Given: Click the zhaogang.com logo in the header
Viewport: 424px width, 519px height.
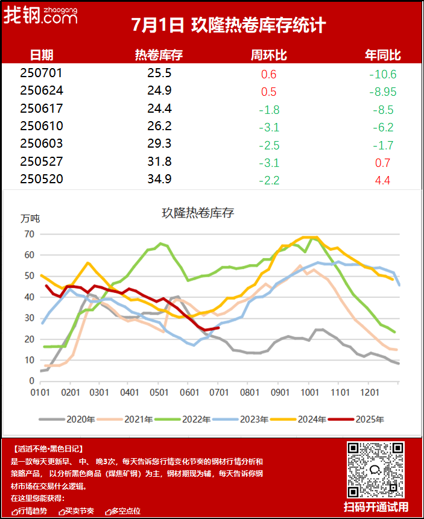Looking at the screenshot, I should [x=40, y=17].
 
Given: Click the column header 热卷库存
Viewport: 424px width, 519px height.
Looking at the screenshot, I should [x=159, y=55].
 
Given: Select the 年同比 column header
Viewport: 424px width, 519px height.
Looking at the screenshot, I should [x=383, y=55].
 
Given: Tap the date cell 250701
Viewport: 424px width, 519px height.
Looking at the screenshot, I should [x=41, y=74].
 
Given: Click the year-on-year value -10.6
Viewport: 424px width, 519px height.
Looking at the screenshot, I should [x=383, y=75].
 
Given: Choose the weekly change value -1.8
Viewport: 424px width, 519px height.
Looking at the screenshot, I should [x=268, y=110].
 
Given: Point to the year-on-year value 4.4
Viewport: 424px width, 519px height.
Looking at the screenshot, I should [x=384, y=180].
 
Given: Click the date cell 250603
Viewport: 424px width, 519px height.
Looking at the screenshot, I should [x=41, y=145].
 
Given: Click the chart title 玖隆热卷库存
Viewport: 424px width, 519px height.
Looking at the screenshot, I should [x=198, y=213].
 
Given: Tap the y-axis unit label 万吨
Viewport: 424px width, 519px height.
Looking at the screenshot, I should [x=30, y=218].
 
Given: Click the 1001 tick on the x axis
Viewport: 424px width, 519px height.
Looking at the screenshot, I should [x=309, y=392].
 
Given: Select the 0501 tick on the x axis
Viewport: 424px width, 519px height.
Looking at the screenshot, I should [x=159, y=392].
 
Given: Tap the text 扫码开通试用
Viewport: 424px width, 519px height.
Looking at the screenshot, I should [x=376, y=506].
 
